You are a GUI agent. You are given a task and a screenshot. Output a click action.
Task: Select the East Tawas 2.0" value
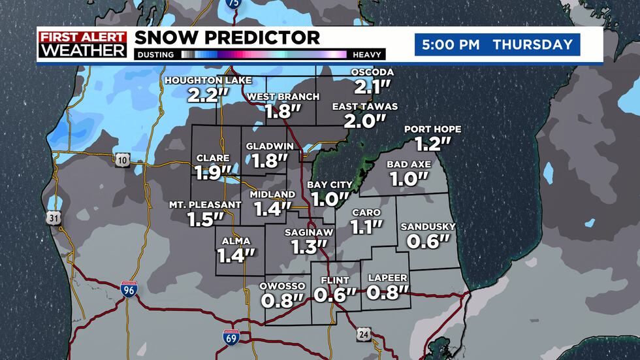[x=364, y=120]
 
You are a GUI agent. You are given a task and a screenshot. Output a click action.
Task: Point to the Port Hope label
[x=427, y=129]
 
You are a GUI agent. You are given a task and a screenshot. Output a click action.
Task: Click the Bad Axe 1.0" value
[x=408, y=178]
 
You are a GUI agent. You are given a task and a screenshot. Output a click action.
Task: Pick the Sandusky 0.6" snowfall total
[x=428, y=240]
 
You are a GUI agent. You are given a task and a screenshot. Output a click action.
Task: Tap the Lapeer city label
[x=387, y=277]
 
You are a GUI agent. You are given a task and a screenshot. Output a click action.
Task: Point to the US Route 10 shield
[x=123, y=157]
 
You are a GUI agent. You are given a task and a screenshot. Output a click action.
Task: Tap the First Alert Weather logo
[x=82, y=44]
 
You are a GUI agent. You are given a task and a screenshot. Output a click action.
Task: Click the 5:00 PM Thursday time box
[x=497, y=45]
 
